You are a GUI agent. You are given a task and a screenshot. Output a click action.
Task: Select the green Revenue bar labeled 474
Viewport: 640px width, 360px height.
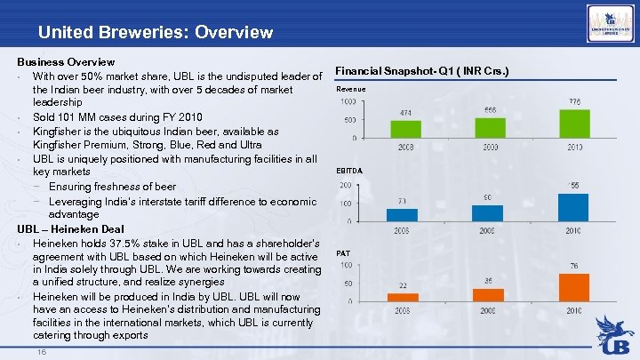coord(405,129)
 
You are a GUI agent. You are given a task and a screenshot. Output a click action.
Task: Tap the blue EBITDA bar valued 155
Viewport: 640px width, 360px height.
coord(573,206)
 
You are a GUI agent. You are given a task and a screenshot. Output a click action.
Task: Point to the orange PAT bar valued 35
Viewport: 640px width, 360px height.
coord(488,294)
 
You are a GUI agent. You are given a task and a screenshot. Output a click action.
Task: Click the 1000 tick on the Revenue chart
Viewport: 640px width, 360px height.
coord(349,101)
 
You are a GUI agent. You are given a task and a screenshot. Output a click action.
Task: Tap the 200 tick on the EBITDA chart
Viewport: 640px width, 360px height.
coord(345,186)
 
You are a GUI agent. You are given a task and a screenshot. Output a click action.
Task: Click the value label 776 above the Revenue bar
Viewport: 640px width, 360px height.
coord(575,102)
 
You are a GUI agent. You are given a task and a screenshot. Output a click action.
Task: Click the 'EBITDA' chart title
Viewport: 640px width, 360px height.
coord(349,170)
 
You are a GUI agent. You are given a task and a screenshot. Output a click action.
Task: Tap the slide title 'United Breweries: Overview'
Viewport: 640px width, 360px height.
coord(156,33)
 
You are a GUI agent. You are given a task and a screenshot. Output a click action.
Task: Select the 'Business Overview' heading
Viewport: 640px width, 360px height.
coord(67,62)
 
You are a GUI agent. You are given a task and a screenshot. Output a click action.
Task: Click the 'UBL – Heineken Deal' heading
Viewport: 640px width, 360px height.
coord(70,228)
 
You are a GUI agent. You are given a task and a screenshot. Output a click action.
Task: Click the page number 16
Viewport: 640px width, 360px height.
coord(42,352)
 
